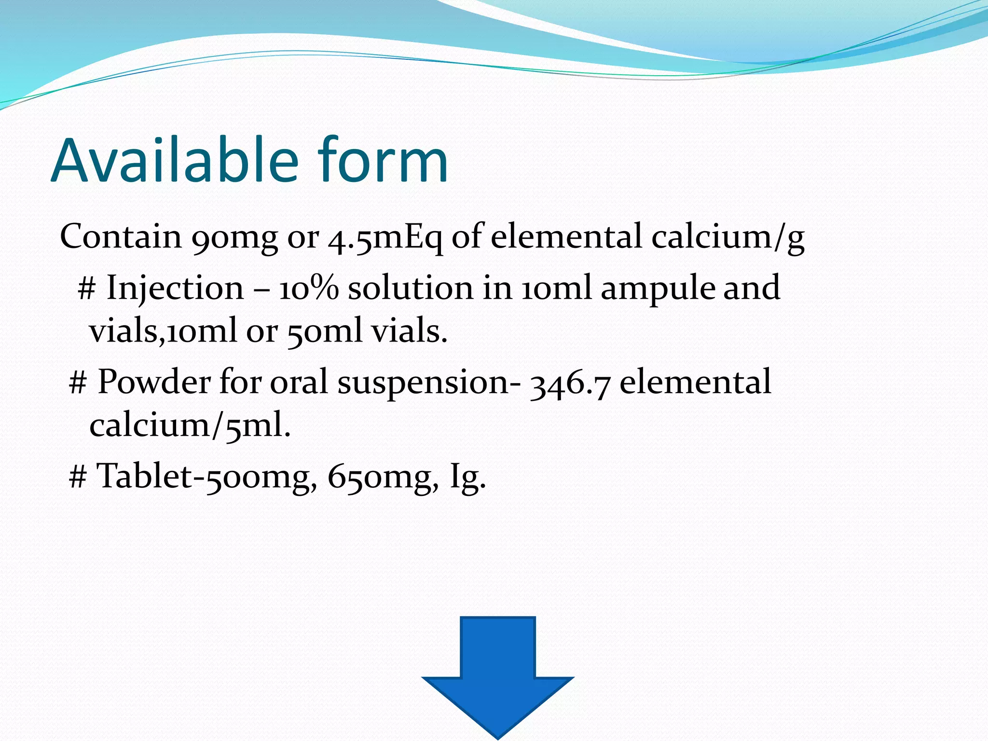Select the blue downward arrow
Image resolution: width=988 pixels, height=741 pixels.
click(x=497, y=675)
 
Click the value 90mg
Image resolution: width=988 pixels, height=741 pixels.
click(x=234, y=237)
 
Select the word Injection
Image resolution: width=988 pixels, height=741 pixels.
click(x=175, y=288)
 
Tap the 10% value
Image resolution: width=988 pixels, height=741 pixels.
click(x=309, y=288)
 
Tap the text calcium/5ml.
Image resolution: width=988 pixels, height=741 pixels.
click(x=190, y=426)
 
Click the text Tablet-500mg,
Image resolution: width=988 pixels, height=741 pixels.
click(x=207, y=477)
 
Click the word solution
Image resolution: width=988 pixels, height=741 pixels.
click(x=411, y=288)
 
